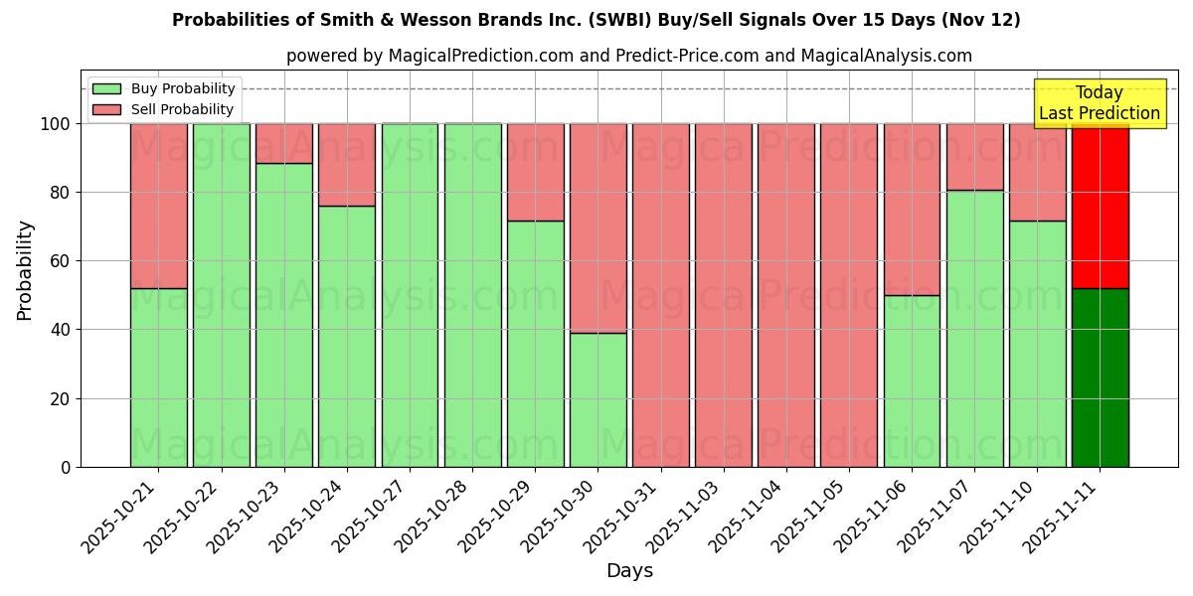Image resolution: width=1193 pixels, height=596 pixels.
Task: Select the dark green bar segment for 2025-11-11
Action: (1100, 377)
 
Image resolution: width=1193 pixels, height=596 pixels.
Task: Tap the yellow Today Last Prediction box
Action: (1099, 103)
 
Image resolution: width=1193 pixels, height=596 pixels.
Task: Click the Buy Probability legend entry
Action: (164, 88)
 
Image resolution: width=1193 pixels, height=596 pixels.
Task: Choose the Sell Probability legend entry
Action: (164, 109)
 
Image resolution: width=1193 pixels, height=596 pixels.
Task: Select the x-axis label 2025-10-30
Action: (562, 517)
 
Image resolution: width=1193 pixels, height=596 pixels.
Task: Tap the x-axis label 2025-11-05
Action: (812, 517)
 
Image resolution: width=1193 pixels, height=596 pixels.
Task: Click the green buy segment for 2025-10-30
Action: (598, 399)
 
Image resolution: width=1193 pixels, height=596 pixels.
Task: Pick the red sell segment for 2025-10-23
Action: (284, 143)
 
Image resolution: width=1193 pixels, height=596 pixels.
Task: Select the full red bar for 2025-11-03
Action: (724, 295)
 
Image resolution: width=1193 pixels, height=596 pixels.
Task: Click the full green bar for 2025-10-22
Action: (222, 295)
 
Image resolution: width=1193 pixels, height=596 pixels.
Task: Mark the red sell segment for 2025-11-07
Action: (974, 157)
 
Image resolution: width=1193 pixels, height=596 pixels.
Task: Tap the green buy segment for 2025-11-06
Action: (912, 380)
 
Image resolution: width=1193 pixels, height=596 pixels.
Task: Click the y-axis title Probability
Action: (26, 270)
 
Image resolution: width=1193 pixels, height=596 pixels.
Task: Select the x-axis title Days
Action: (629, 571)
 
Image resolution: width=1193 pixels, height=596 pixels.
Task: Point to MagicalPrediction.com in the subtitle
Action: (480, 56)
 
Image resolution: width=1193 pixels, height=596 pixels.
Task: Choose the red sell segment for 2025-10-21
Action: (159, 206)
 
